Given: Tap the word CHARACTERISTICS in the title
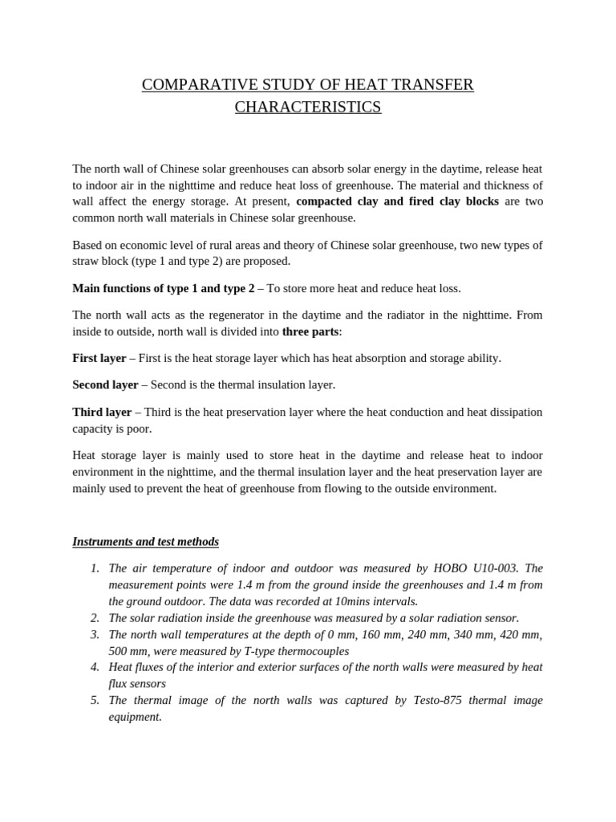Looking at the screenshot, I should coord(308,107).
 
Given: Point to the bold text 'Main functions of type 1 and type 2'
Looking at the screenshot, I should coord(163,288).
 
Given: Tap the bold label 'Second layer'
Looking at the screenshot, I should coord(105,385).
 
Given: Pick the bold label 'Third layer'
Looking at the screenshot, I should coord(102,412).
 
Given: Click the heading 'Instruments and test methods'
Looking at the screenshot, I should coord(145,542).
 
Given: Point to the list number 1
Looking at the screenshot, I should coord(95,568).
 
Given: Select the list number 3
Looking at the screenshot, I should coord(95,634).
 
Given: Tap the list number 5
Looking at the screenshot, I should coord(95,700).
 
